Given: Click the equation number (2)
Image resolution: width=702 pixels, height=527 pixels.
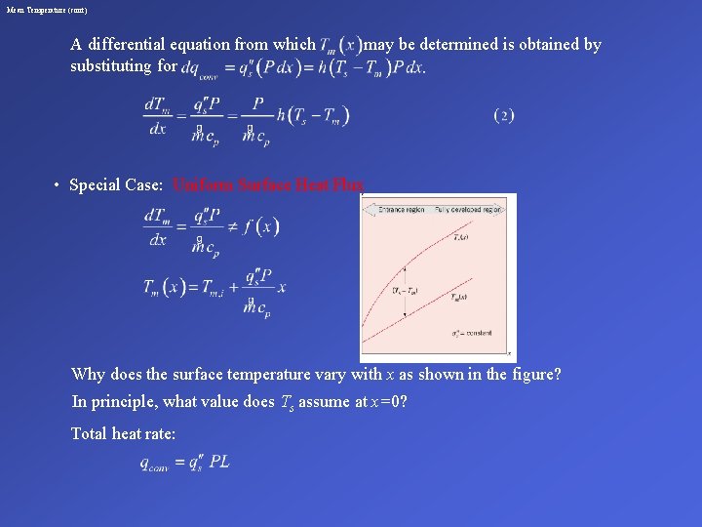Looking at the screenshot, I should click(504, 116).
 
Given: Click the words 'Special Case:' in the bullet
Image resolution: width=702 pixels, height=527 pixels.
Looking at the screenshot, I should click(108, 184).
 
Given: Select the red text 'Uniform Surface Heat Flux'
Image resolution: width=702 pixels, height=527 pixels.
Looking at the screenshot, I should click(268, 184).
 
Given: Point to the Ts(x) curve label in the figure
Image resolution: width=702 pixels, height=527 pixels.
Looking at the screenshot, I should click(462, 237).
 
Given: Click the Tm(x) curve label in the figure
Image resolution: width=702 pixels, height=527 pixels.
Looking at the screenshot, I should click(462, 298).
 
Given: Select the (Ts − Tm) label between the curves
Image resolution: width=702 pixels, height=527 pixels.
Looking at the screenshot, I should click(407, 290).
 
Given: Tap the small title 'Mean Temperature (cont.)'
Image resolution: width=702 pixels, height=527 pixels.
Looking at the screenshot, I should click(47, 10).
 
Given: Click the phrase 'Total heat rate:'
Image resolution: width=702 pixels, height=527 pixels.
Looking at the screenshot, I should click(124, 433).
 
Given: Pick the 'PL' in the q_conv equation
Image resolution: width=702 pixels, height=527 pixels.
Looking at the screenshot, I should click(218, 462).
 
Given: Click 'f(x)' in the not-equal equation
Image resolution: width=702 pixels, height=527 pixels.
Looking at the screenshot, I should click(261, 226).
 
